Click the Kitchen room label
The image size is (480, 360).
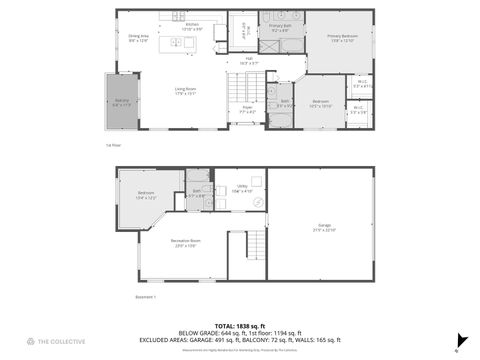click(x=191, y=26)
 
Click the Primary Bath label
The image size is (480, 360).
click(x=280, y=28)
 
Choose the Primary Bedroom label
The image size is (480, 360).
click(x=341, y=39)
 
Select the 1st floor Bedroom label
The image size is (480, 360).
click(x=320, y=103)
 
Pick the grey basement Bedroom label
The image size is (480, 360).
click(x=146, y=194)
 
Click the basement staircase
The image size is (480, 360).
click(x=257, y=243)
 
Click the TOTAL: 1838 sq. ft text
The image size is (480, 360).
click(x=239, y=326)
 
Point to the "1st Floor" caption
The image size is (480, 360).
click(x=113, y=145)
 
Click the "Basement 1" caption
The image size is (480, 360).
click(x=145, y=297)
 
